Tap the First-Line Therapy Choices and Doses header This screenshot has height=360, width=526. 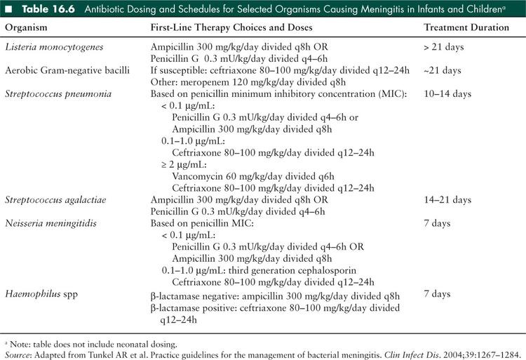click(x=236, y=27)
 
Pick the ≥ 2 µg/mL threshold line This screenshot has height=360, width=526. click(x=182, y=165)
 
